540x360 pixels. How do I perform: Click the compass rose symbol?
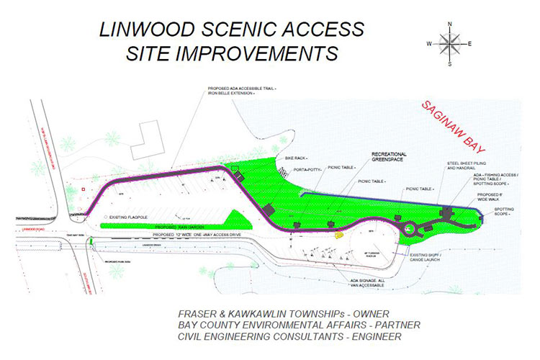(x=450, y=44)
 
